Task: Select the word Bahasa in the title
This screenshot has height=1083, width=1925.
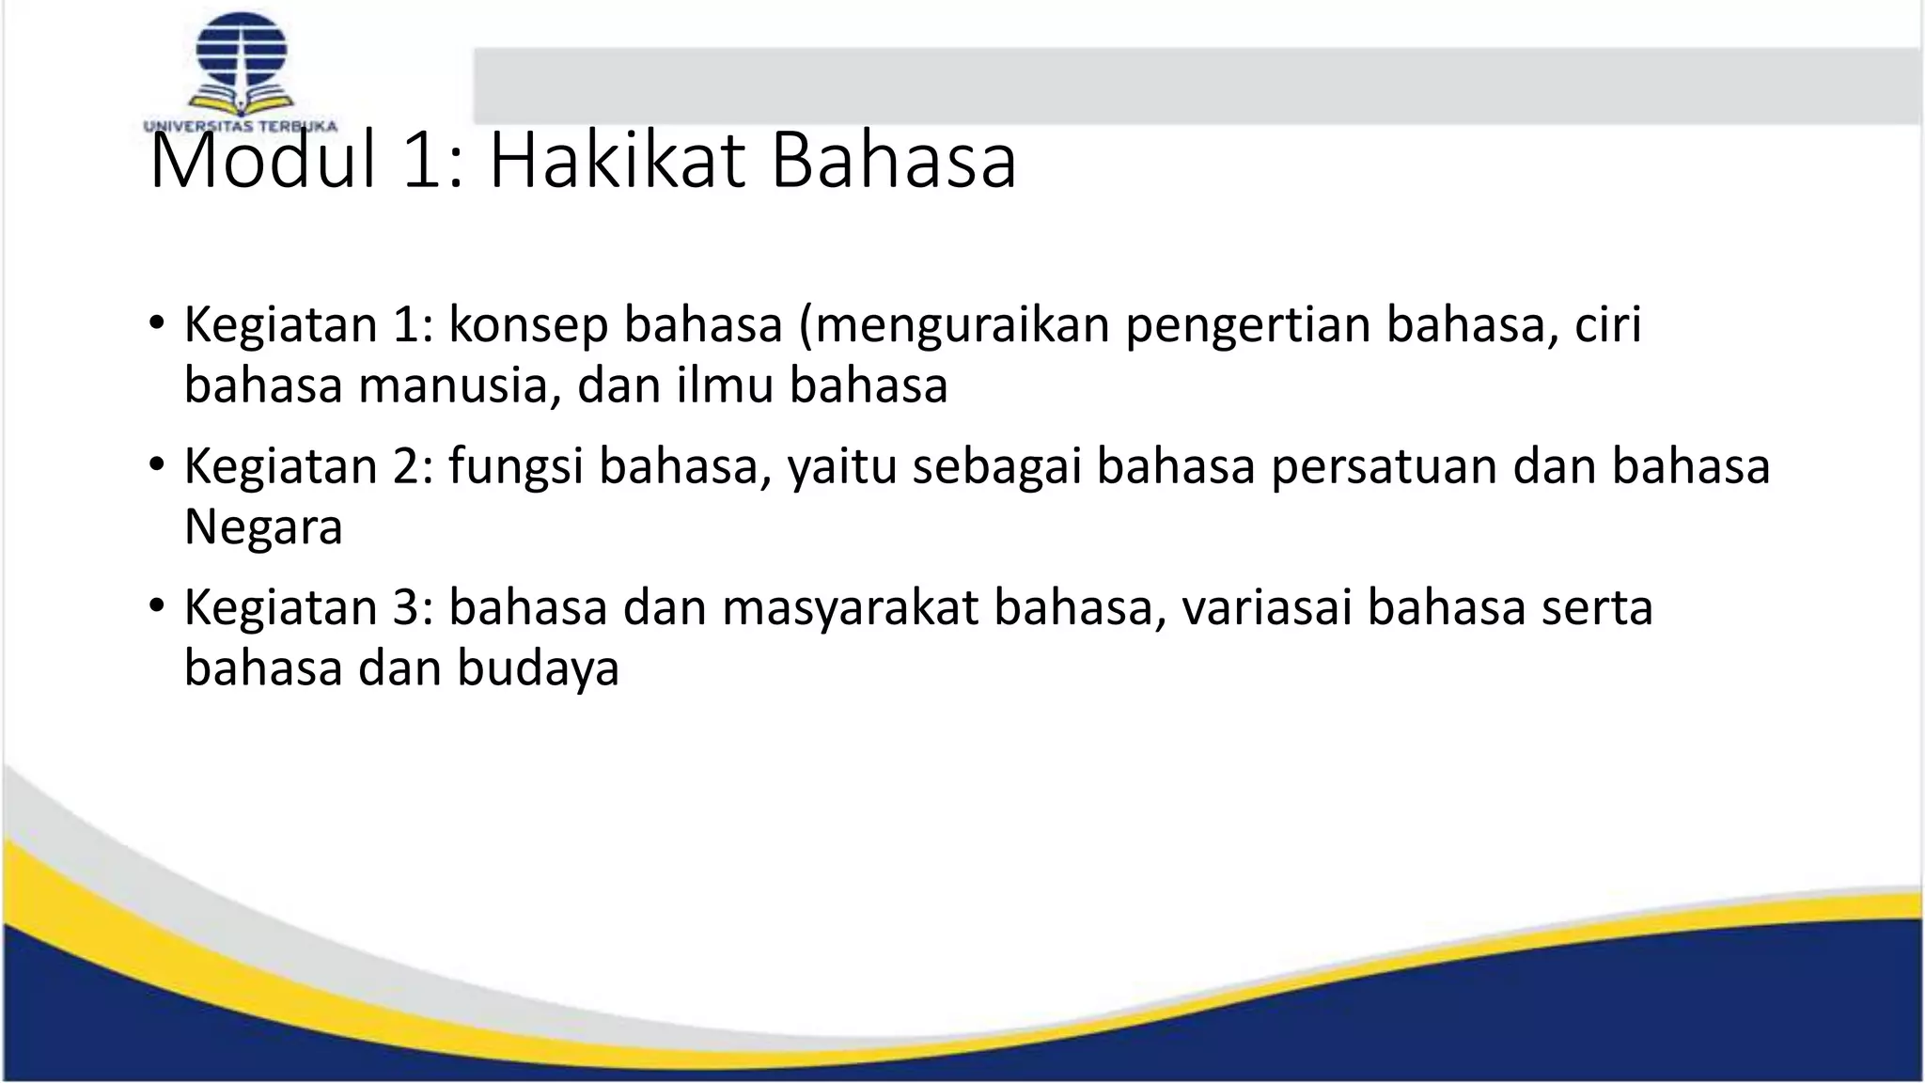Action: (x=893, y=162)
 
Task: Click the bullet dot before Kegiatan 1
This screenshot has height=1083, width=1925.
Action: (x=156, y=324)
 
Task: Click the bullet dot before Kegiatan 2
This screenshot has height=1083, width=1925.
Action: (x=156, y=465)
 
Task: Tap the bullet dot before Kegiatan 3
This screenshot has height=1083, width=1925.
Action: (x=156, y=606)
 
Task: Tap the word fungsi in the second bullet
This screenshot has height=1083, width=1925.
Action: (x=516, y=467)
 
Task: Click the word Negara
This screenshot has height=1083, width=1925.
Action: (x=263, y=527)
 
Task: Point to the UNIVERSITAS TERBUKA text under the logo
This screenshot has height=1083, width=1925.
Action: (x=241, y=126)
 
